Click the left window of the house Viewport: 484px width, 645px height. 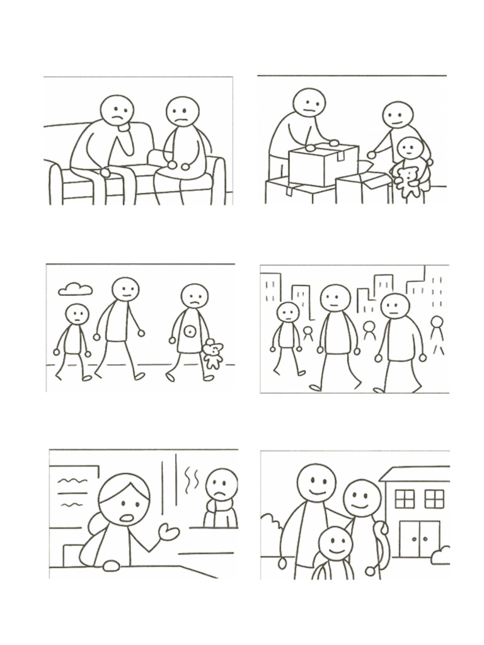click(405, 498)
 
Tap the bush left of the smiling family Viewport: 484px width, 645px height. click(272, 525)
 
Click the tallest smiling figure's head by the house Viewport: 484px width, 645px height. click(316, 482)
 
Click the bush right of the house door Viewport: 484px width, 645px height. click(443, 553)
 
